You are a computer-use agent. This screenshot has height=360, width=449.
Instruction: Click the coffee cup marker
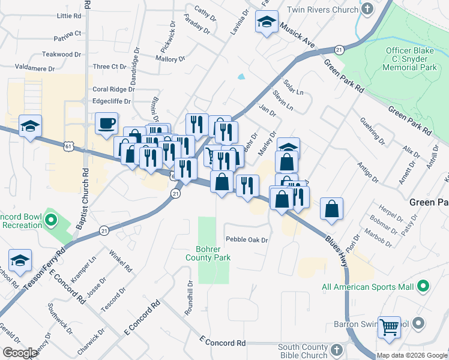(x=106, y=124)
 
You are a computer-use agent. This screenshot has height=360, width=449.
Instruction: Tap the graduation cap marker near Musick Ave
(x=265, y=23)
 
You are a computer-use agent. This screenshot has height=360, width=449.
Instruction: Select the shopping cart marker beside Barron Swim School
(x=390, y=328)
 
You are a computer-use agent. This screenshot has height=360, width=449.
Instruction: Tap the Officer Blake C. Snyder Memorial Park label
(x=411, y=59)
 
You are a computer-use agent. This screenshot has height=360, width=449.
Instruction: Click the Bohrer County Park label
(x=213, y=253)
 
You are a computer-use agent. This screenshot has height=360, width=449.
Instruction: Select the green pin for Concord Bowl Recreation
(x=50, y=221)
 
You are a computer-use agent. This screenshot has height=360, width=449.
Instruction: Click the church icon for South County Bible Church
(x=336, y=349)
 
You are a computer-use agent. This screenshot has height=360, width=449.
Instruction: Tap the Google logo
(x=20, y=353)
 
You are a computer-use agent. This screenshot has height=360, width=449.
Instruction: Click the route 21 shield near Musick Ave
(x=339, y=49)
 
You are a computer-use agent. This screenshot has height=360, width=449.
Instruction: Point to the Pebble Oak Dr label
(x=246, y=239)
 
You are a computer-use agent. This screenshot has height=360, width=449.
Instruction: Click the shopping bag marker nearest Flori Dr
(x=331, y=209)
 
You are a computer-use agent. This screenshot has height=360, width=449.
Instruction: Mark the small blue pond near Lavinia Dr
(x=241, y=77)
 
